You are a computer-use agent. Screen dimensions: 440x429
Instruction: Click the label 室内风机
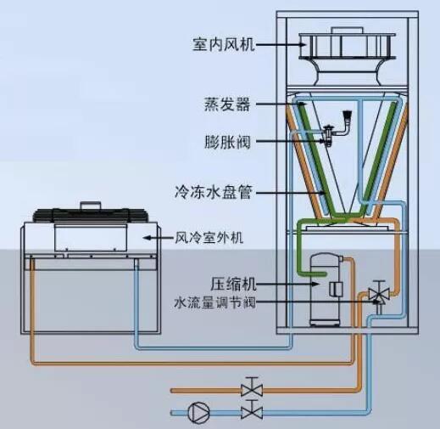click(x=224, y=44)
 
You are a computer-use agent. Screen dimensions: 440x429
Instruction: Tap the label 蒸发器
click(x=227, y=104)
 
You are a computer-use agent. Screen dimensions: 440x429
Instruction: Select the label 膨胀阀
click(x=227, y=142)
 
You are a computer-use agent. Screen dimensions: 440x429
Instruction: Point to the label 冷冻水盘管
click(x=213, y=193)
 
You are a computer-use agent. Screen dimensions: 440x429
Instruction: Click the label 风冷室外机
click(x=209, y=238)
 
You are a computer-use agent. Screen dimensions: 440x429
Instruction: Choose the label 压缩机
click(x=233, y=284)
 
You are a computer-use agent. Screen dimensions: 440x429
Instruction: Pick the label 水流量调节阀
click(x=214, y=302)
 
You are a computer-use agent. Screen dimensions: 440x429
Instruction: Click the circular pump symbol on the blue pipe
click(x=199, y=412)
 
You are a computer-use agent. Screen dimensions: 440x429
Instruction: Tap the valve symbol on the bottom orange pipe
click(x=252, y=387)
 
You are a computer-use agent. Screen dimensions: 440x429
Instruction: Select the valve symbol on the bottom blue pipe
click(x=252, y=409)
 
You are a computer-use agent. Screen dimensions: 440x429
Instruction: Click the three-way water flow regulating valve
click(x=379, y=296)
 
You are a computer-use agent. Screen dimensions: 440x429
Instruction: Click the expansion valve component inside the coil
click(x=337, y=128)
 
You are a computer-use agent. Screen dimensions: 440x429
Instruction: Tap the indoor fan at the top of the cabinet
click(x=347, y=56)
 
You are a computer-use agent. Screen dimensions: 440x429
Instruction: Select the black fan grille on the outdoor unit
click(x=91, y=215)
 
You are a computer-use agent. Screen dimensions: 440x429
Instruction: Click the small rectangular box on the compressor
click(x=336, y=290)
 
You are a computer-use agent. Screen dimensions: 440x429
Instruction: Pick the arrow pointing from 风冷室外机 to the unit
click(x=158, y=238)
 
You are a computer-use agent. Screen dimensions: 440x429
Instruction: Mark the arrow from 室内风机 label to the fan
click(x=281, y=44)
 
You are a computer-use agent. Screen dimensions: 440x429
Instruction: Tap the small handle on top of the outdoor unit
click(x=91, y=206)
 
